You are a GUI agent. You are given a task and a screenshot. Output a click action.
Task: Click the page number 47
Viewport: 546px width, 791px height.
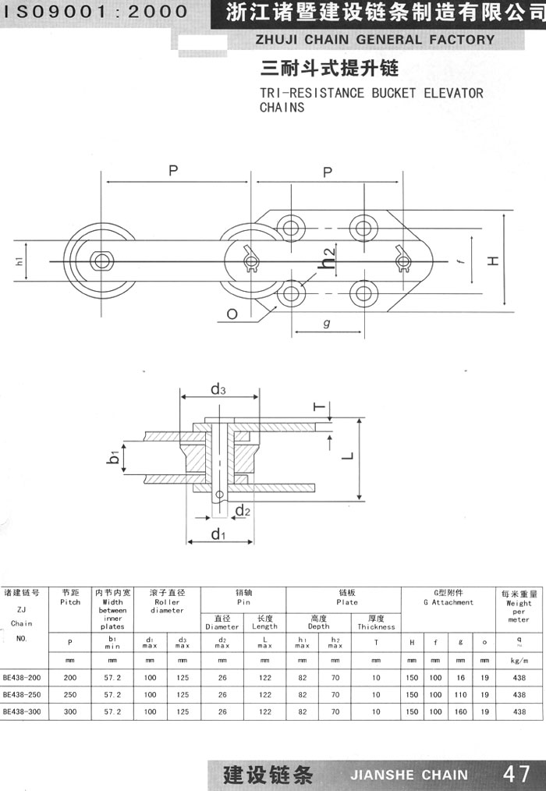[x=516, y=774]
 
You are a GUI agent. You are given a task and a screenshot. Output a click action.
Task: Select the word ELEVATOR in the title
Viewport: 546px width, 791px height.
[x=454, y=93]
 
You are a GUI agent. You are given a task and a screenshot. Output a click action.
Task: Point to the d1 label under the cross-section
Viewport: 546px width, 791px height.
[x=218, y=534]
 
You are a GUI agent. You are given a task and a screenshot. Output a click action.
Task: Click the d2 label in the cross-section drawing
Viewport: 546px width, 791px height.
[x=243, y=511]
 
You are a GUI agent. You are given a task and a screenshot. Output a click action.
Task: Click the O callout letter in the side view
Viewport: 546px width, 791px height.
[x=232, y=314]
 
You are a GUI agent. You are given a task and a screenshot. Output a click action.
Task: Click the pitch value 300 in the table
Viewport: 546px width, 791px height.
[x=70, y=711]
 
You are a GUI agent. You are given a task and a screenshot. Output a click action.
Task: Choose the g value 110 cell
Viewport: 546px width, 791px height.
[x=461, y=694]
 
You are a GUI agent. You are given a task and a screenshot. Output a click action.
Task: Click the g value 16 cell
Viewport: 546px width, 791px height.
[x=461, y=677]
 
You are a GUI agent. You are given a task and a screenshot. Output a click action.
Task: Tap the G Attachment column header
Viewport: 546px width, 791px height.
[x=448, y=598]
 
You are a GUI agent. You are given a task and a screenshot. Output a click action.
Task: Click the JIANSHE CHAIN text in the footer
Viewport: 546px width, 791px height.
[x=409, y=775]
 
